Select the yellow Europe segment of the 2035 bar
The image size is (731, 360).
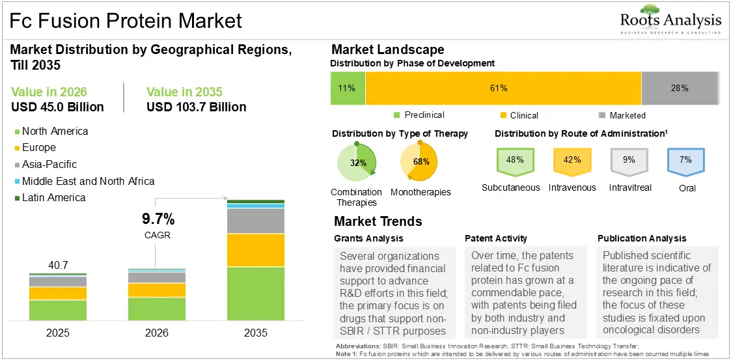pos(256,250)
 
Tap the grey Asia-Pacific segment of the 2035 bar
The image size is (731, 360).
pos(256,221)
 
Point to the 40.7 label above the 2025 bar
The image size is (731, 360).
pos(59,266)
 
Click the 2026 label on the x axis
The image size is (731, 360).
pos(157,333)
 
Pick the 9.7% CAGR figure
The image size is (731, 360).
pos(158,218)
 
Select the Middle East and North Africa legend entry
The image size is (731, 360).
pos(85,181)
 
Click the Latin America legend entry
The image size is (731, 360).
pos(50,198)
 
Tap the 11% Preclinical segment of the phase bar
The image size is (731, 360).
pos(348,88)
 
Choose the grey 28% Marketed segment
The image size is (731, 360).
pos(680,88)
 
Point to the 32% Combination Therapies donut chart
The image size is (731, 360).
pos(356,163)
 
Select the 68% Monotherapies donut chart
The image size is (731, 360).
pos(419,162)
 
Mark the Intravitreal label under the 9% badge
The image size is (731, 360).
pos(630,187)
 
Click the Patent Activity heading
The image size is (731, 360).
pos(495,238)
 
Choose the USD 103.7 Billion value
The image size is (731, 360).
pos(197,107)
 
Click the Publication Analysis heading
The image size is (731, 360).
pos(642,238)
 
